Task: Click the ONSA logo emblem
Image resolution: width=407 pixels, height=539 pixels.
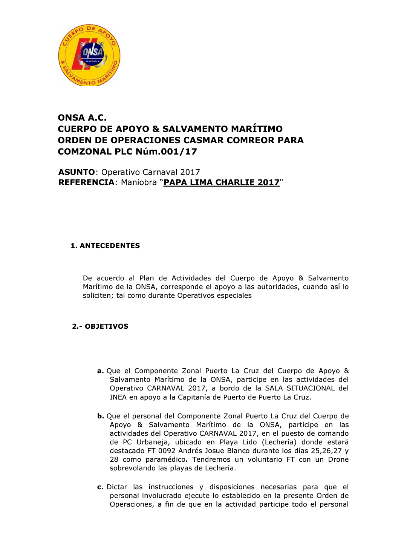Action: click(89, 55)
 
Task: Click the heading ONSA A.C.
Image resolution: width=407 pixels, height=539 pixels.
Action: click(82, 118)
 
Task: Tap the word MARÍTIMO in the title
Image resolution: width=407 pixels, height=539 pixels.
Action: click(257, 129)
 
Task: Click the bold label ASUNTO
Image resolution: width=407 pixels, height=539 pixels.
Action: click(77, 172)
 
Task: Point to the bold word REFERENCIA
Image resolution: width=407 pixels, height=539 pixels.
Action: click(86, 182)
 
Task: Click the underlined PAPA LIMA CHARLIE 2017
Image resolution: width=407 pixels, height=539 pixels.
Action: click(222, 182)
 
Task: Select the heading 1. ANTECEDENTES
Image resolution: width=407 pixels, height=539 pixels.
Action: click(105, 246)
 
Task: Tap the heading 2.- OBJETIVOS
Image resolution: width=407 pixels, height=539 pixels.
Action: click(100, 326)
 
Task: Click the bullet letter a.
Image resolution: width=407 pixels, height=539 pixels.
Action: click(100, 371)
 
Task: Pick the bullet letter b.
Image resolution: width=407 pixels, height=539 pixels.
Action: click(100, 416)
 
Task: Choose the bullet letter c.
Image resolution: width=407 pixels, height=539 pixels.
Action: click(100, 487)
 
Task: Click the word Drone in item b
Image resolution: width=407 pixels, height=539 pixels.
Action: click(338, 459)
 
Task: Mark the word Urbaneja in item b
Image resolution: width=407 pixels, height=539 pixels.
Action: click(153, 442)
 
